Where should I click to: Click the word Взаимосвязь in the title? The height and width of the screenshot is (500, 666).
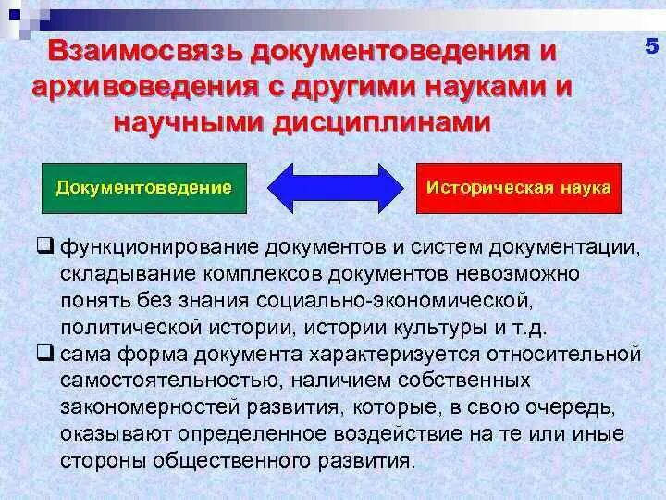click(x=152, y=53)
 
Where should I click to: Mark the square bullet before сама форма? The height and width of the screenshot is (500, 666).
click(x=44, y=354)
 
